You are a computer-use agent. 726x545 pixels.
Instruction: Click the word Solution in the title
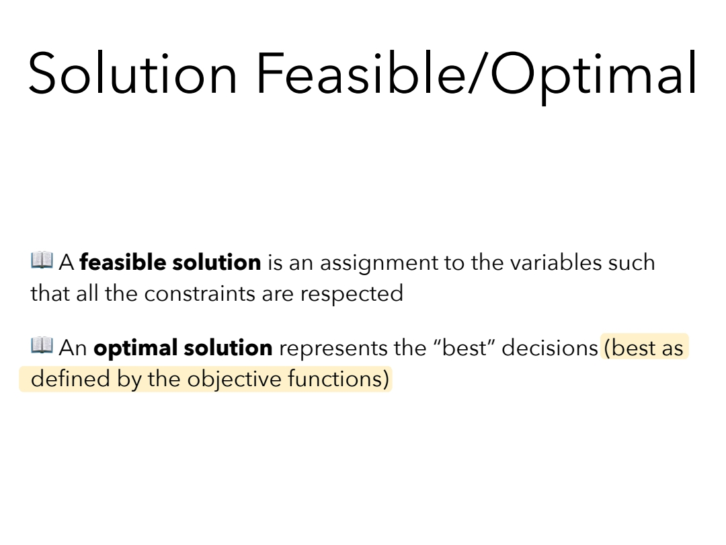(x=133, y=73)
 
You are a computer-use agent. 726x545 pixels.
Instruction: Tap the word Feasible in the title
(x=361, y=73)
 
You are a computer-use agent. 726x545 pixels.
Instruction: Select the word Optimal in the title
(x=594, y=77)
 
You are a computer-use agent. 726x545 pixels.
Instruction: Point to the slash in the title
(x=478, y=73)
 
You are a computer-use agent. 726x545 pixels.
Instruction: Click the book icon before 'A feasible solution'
(x=42, y=260)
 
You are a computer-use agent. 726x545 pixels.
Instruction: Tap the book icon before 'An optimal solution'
(x=42, y=345)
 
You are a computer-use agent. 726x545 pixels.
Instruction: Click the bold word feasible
(x=123, y=262)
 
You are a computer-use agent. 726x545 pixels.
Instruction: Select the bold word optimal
(x=135, y=349)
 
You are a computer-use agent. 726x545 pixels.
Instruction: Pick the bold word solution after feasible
(x=216, y=262)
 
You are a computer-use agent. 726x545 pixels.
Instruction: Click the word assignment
(x=378, y=264)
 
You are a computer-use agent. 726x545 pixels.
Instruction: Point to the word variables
(x=556, y=262)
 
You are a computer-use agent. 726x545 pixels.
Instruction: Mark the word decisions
(x=550, y=348)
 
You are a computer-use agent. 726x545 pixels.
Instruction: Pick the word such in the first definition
(x=631, y=262)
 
